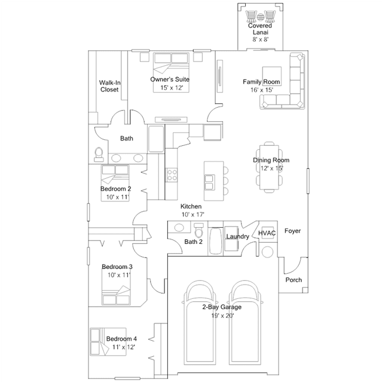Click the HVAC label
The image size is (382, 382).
(x=267, y=233)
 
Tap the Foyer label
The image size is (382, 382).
(x=292, y=231)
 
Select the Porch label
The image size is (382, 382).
(x=294, y=280)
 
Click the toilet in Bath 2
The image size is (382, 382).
(x=199, y=230)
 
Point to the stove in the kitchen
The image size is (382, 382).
(x=172, y=175)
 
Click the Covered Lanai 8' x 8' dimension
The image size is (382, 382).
(x=261, y=39)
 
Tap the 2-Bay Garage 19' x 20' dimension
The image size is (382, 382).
(x=222, y=316)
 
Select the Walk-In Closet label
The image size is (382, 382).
(x=109, y=86)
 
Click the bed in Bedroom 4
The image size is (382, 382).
(x=108, y=342)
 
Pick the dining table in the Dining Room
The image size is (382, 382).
(x=269, y=167)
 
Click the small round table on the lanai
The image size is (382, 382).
(x=260, y=17)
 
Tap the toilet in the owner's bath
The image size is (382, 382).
(x=99, y=154)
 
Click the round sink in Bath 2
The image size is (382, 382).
(x=179, y=228)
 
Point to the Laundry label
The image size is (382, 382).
(x=237, y=236)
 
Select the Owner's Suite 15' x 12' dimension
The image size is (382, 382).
(x=172, y=88)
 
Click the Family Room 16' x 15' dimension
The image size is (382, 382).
(x=262, y=90)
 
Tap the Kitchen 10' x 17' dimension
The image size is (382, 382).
(x=192, y=215)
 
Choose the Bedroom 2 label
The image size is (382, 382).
(x=116, y=189)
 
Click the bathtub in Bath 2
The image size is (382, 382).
(x=216, y=241)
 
